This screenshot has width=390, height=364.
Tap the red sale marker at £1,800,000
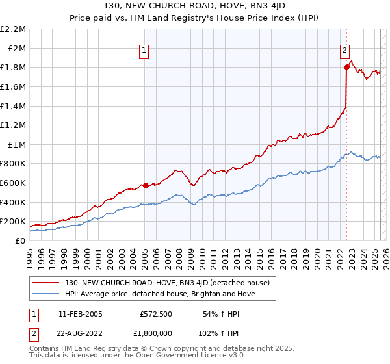[x=346, y=67]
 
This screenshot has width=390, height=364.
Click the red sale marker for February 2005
[x=146, y=185]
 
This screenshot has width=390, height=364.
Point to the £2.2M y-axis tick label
[x=14, y=29]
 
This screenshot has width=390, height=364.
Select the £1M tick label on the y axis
[x=17, y=144]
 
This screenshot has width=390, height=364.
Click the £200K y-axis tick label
[x=14, y=222]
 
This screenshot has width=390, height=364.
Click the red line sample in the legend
[x=47, y=282]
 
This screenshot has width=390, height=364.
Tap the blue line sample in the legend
[x=47, y=294]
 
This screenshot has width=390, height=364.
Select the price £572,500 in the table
[x=156, y=314]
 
